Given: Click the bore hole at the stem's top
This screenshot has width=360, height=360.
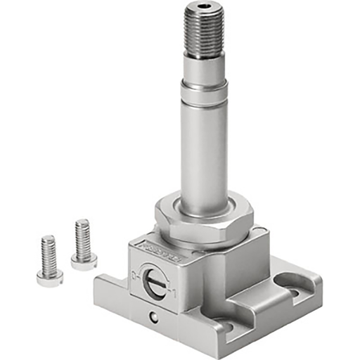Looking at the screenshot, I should (205, 9).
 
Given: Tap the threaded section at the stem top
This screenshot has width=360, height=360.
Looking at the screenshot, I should (205, 32).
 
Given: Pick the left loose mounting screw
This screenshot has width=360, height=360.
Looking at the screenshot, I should (49, 260).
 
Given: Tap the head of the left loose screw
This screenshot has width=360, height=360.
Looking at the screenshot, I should (50, 277).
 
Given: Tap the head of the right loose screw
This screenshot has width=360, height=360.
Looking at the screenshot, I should (84, 261).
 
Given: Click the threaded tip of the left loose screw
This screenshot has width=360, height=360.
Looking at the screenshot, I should (48, 243).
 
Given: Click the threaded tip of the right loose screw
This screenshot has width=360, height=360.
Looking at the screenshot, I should (82, 227).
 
